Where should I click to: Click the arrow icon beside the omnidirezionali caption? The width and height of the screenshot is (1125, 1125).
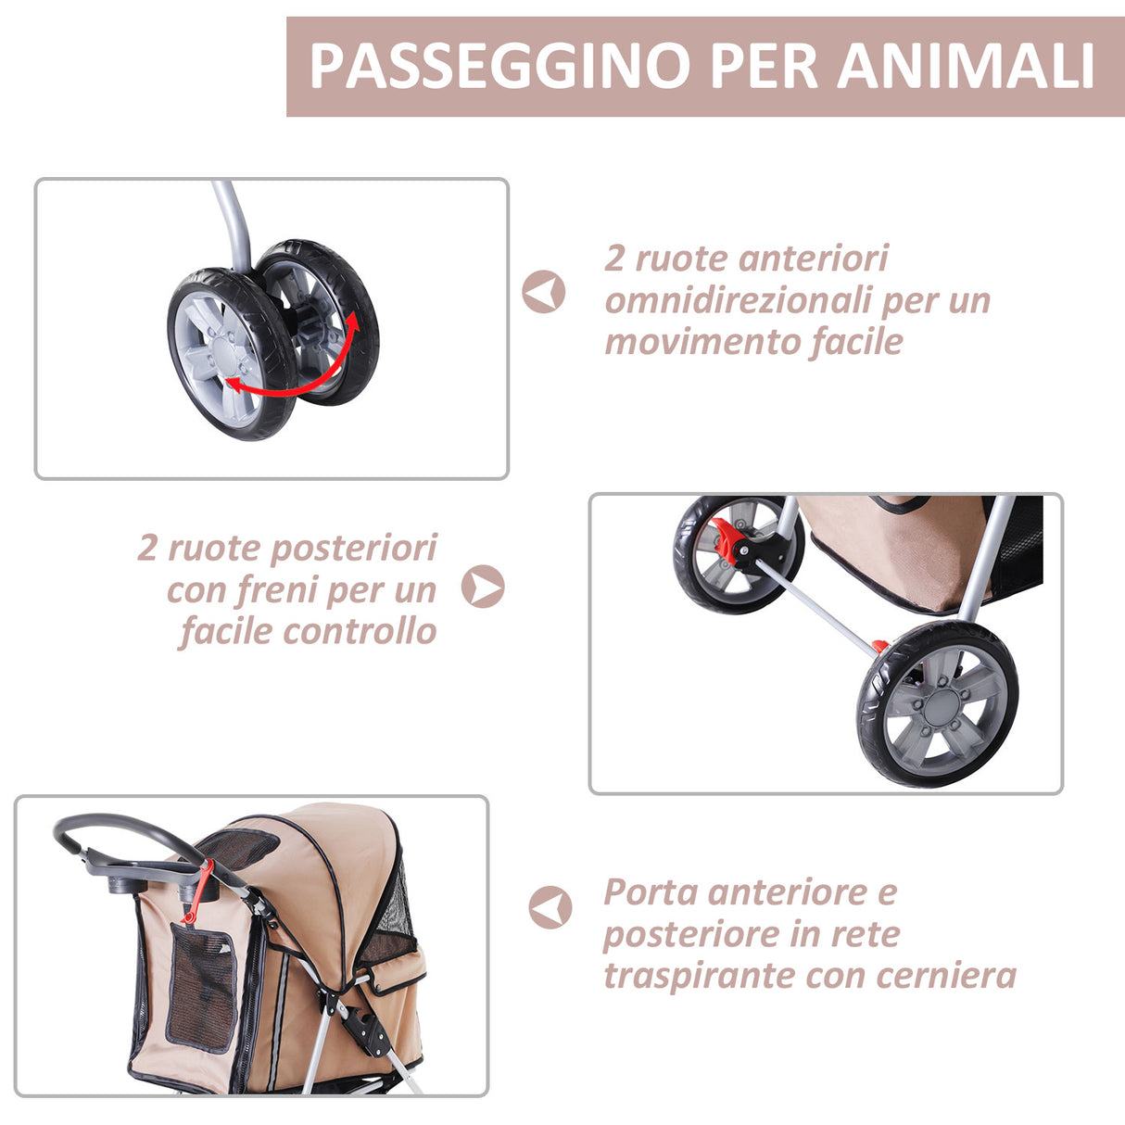coord(543,292)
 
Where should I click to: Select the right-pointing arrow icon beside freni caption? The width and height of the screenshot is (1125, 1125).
coord(483,587)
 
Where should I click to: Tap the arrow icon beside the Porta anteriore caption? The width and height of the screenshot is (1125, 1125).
coord(550,907)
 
